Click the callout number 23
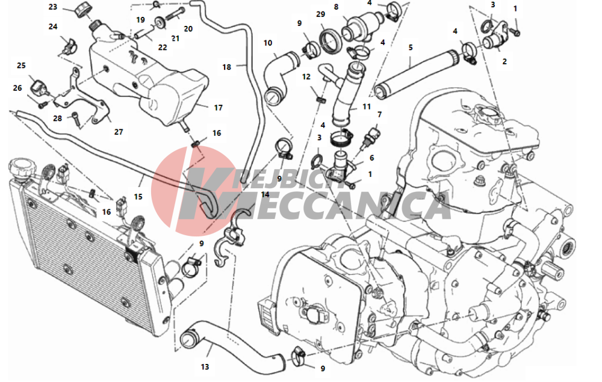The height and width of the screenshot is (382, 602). (x=53, y=7)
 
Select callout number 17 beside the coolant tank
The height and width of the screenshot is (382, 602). (x=218, y=108)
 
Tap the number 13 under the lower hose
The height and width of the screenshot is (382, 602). (x=205, y=366)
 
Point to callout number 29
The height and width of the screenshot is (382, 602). (x=320, y=14)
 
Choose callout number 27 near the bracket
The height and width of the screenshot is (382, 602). (x=118, y=131)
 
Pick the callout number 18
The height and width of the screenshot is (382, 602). (x=226, y=67)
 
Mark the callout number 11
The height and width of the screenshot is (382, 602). (x=367, y=107)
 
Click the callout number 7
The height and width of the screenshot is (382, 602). (x=379, y=114)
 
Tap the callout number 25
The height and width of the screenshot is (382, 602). (x=21, y=65)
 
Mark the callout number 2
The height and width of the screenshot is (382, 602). (x=504, y=61)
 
